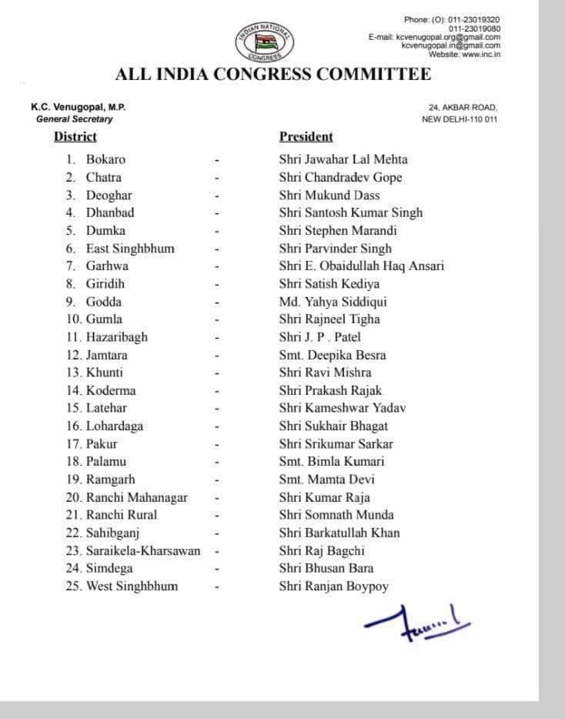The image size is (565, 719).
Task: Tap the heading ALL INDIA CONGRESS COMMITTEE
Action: click(x=272, y=75)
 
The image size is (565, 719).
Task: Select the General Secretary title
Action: click(x=74, y=119)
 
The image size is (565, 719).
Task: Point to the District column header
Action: click(x=75, y=137)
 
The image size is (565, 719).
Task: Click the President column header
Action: click(x=306, y=137)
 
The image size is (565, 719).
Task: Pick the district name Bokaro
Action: click(x=105, y=159)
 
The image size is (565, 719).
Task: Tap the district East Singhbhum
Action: click(x=130, y=248)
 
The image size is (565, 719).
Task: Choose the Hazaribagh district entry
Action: click(x=116, y=336)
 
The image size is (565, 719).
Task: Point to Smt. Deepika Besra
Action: click(x=333, y=355)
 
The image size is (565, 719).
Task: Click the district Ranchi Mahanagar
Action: click(x=136, y=497)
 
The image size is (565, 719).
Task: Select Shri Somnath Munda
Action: click(x=336, y=515)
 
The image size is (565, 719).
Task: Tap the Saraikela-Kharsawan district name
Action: click(x=143, y=550)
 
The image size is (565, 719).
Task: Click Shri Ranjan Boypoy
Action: click(x=333, y=587)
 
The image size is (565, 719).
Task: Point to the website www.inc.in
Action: click(x=464, y=54)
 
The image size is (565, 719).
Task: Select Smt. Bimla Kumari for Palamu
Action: click(x=332, y=461)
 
